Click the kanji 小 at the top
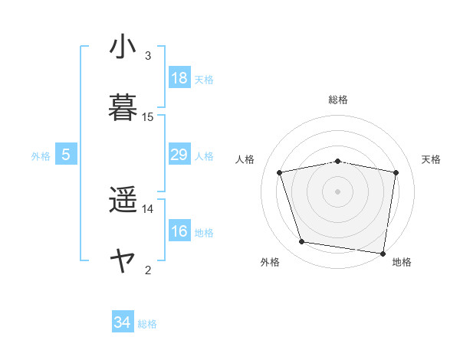coord(123,47)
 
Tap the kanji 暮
coord(123,108)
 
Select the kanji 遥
coord(123,201)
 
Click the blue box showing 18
coord(179,78)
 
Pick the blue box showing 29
coord(179,155)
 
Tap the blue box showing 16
coord(179,231)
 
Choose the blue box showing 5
coord(66,155)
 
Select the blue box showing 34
coord(123,322)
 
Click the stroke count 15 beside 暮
coord(148,117)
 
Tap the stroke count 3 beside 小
coord(148,56)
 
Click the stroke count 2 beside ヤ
coord(148,270)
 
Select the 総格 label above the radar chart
coord(338,100)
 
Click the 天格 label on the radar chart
coord(431,159)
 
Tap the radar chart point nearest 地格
coord(383,253)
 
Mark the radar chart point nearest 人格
coord(280,172)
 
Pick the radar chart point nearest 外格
coord(302,242)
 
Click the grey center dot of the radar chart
coord(338,191)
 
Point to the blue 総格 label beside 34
coord(147,324)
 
